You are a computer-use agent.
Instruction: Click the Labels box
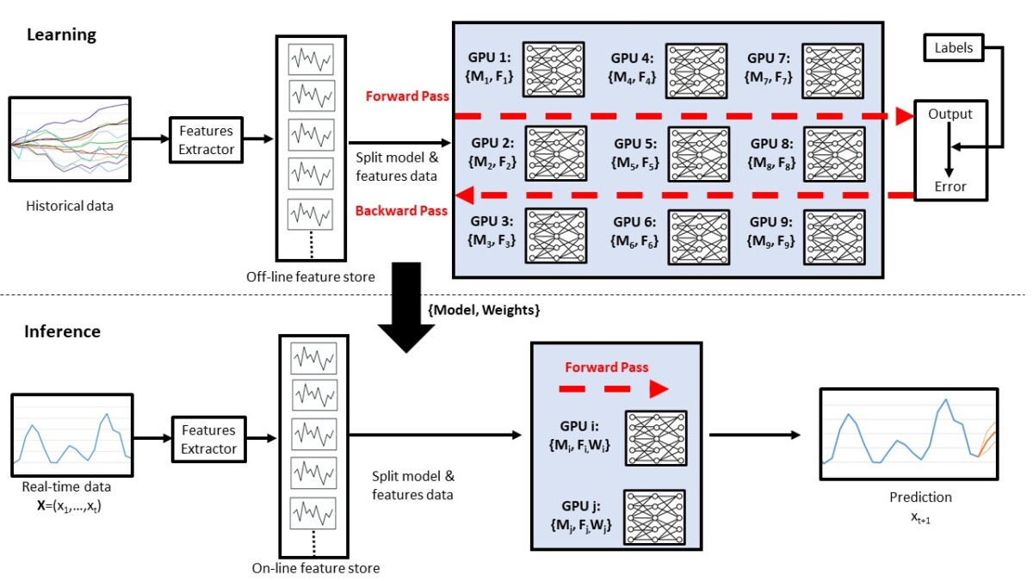(954, 47)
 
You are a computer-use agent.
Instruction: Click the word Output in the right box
(950, 114)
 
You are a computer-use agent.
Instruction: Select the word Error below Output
(950, 186)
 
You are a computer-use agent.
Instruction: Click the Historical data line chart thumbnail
(69, 139)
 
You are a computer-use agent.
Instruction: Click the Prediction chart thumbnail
(907, 435)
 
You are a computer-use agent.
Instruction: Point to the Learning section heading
(61, 35)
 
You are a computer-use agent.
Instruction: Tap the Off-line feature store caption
(310, 277)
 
